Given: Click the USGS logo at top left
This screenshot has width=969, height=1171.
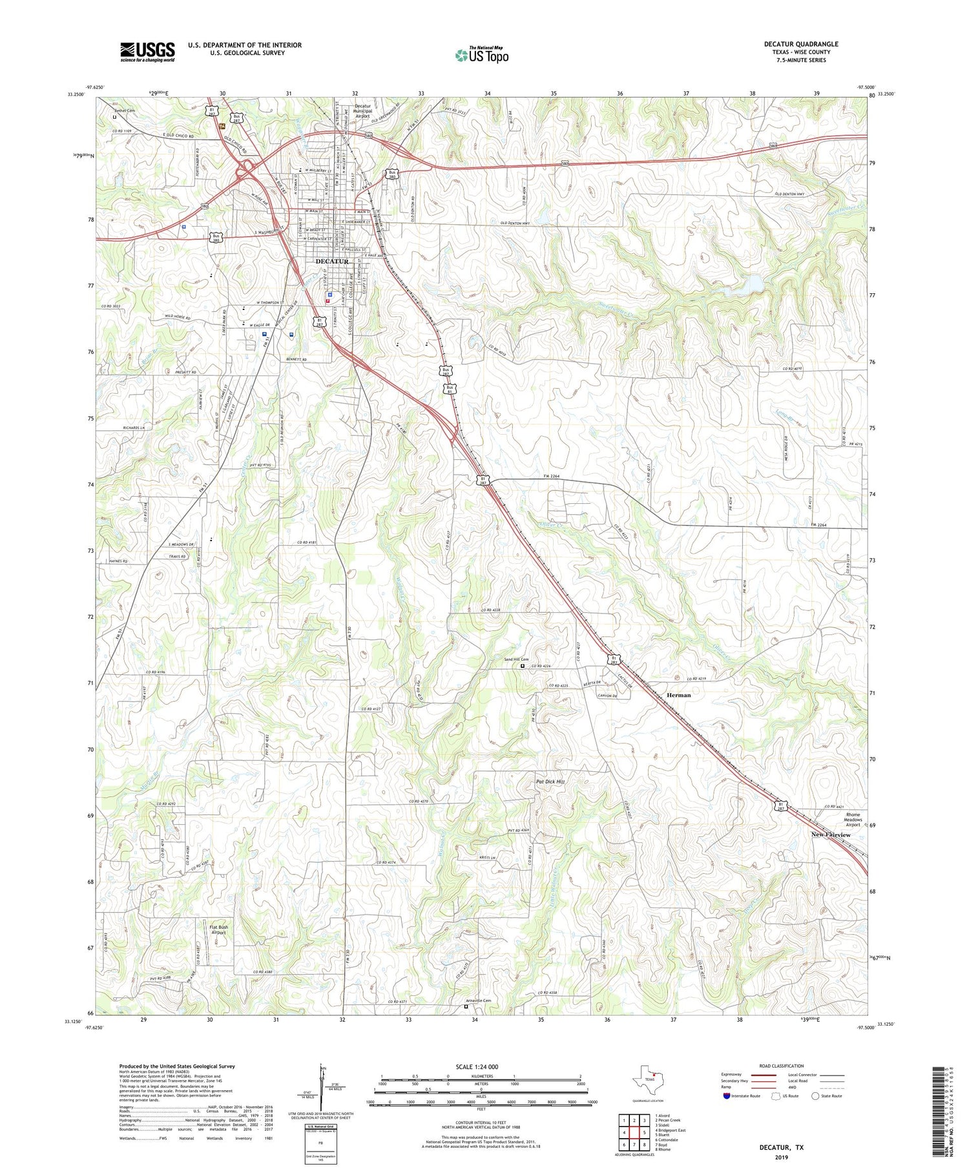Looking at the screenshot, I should click(x=147, y=52).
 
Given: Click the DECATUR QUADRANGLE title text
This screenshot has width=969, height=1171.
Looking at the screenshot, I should click(x=800, y=44).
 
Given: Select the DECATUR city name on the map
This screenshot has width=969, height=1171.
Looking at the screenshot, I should click(x=332, y=262).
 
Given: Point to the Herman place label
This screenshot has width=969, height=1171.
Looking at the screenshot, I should click(x=678, y=695).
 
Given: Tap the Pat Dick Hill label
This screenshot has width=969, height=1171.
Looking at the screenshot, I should click(x=550, y=782).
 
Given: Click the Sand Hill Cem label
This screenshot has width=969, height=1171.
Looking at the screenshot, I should click(x=516, y=659).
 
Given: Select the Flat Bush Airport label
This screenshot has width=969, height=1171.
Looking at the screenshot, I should click(x=218, y=930).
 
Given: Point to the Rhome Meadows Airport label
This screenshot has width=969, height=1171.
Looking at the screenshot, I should click(x=853, y=820).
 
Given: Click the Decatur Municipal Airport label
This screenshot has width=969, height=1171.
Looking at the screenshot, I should click(x=362, y=110).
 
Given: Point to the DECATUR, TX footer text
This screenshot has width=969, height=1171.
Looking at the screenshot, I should click(x=781, y=1147).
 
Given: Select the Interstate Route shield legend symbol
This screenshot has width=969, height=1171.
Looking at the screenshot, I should click(x=727, y=1096).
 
